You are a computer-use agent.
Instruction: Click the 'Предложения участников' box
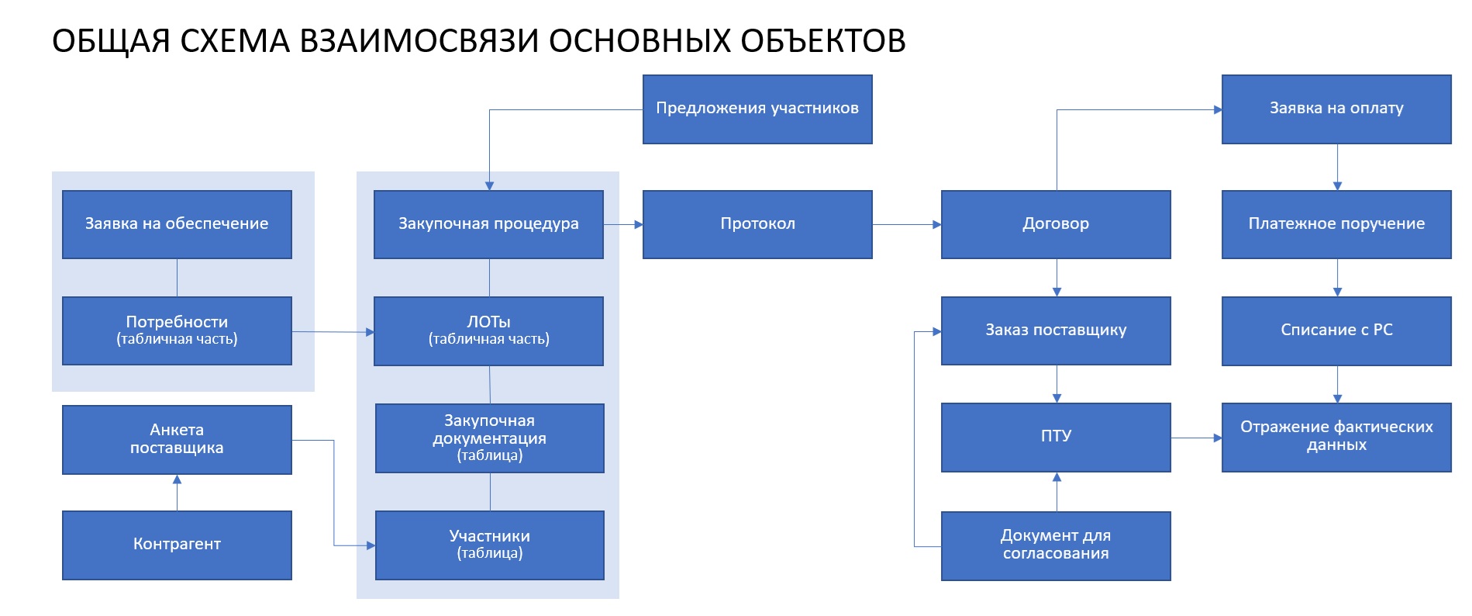click(x=757, y=109)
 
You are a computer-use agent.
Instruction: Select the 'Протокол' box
click(x=757, y=224)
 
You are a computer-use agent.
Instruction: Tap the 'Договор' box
click(x=1056, y=224)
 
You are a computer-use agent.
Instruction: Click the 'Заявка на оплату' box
click(x=1336, y=109)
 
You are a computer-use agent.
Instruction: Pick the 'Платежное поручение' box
click(x=1336, y=224)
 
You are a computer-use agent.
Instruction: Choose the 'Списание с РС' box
click(x=1336, y=330)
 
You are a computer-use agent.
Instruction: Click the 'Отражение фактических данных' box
click(x=1336, y=437)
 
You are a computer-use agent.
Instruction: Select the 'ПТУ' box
click(x=1056, y=437)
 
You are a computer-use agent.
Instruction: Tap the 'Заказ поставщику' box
click(x=1056, y=330)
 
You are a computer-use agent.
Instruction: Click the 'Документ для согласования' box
click(x=1056, y=545)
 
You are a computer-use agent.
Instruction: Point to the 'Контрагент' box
click(x=177, y=545)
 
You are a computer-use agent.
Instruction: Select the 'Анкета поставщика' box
click(x=177, y=439)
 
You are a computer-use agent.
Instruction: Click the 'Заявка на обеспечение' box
click(x=177, y=224)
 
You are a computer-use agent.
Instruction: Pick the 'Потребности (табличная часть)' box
click(x=177, y=330)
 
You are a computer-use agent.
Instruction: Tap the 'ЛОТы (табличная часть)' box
click(x=488, y=330)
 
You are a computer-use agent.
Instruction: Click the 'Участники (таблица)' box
click(x=489, y=545)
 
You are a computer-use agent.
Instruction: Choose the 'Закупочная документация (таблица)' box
click(x=489, y=438)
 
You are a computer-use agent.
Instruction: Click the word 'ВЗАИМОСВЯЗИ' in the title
click(x=419, y=41)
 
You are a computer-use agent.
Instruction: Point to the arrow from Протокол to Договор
click(x=906, y=225)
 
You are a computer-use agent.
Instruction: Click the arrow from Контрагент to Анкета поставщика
click(x=177, y=492)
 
